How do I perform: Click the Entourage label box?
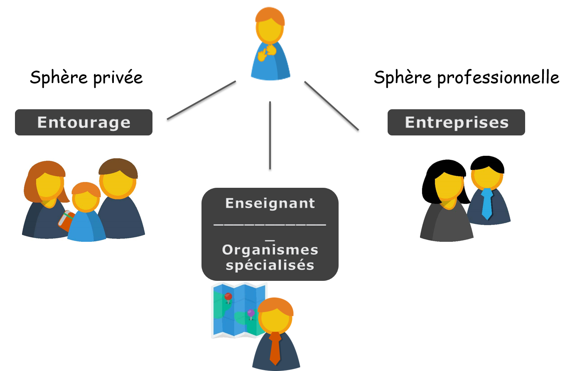tap(84, 122)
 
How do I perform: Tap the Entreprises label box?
tap(456, 122)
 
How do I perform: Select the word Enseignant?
tap(270, 203)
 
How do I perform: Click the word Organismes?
tap(270, 250)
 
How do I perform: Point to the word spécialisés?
tap(270, 265)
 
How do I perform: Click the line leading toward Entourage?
tap(201, 100)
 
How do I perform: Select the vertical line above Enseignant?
tap(270, 135)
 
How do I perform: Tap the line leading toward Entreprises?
tap(332, 106)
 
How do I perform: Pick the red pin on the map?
tap(228, 297)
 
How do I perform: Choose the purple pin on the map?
tap(251, 313)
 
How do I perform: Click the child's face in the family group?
tap(85, 199)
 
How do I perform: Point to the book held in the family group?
tap(66, 221)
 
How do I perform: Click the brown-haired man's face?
tap(118, 183)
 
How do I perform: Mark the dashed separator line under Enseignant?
tap(270, 225)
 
